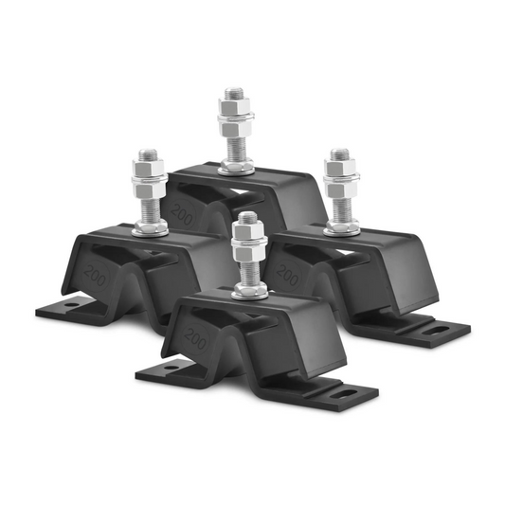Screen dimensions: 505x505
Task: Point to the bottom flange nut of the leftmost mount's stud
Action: [151, 226]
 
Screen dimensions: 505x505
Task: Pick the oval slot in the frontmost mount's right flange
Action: [345, 389]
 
